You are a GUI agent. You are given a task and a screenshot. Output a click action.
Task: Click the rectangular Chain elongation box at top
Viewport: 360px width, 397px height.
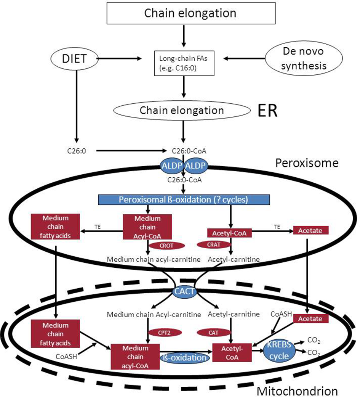(x=190, y=13)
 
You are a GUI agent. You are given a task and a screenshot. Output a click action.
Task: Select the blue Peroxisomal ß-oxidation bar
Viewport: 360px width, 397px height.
(x=184, y=199)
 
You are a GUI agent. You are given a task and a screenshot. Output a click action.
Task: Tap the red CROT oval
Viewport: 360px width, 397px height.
(x=167, y=246)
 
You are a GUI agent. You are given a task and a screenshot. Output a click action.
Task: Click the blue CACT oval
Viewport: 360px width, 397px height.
(x=185, y=292)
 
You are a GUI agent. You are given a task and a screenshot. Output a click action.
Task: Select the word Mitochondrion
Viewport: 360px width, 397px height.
(x=297, y=391)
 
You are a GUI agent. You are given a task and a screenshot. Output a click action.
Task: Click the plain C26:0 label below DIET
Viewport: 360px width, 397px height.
(x=76, y=151)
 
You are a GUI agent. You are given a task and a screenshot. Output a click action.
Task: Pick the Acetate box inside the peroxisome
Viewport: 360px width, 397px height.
(x=310, y=231)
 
